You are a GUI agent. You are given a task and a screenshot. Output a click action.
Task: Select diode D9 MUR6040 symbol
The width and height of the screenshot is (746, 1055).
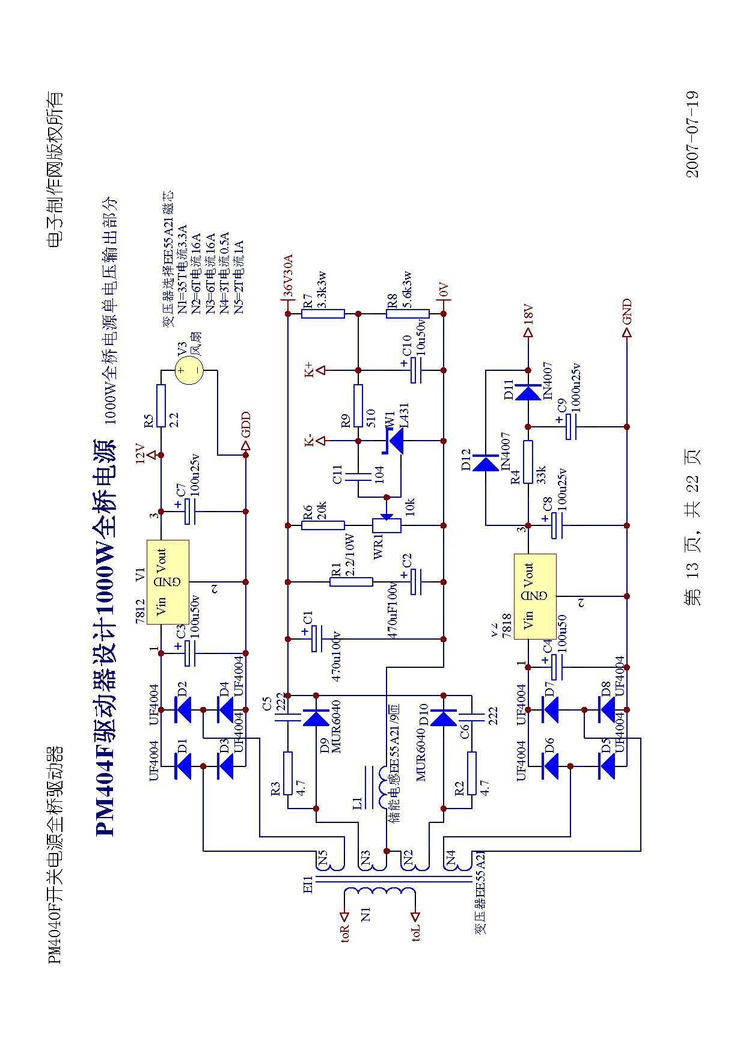316,717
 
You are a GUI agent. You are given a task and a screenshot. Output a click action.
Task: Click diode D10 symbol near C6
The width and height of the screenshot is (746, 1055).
444,717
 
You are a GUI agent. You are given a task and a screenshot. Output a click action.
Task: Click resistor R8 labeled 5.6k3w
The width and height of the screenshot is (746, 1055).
408,313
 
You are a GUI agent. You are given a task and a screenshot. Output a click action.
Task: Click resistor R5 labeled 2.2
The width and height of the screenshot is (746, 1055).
161,406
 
